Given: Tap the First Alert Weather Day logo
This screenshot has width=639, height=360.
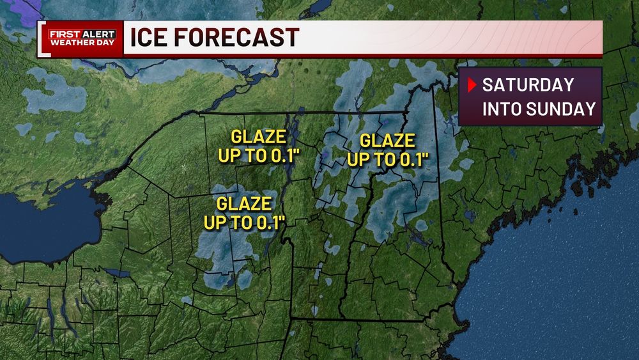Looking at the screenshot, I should [82, 38].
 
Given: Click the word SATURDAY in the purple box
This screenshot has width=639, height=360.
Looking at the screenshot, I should [528, 85].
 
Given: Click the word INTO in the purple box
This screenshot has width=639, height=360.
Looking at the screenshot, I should [502, 109].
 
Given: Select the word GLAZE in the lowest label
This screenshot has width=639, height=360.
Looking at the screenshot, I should [245, 205].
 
